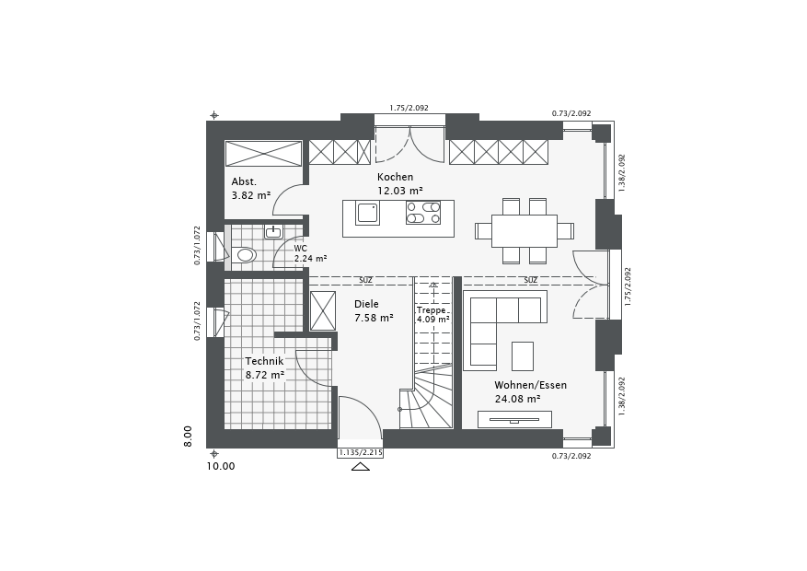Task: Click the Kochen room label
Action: point(395,177)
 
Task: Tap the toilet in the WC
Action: point(245,255)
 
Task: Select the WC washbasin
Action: point(273,232)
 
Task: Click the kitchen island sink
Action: point(367,213)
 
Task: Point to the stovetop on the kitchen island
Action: point(423,213)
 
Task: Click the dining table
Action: point(524,231)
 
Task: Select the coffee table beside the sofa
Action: point(523,355)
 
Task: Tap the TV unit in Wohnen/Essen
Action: point(514,419)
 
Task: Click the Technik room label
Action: point(264,361)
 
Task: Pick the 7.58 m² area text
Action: point(374,319)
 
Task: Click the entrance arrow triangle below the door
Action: point(361,467)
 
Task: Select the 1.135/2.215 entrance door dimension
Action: point(361,453)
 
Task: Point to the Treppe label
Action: point(432,310)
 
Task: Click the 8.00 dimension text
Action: point(188,437)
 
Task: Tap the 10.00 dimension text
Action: point(221,467)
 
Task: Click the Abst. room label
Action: point(244,181)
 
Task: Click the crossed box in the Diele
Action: point(323,310)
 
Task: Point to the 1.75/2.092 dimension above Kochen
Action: point(409,108)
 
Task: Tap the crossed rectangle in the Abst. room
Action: point(263,154)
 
